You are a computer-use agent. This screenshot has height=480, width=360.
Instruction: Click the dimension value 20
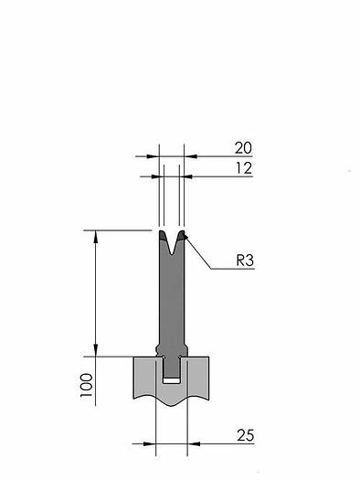[x=243, y=148]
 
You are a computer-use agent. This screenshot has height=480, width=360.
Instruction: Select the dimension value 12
[x=244, y=168]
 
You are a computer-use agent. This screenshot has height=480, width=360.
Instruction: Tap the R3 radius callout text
[x=245, y=261]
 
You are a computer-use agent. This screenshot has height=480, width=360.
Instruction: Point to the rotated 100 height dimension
[x=87, y=386]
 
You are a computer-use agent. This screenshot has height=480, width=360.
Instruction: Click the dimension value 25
[x=245, y=435]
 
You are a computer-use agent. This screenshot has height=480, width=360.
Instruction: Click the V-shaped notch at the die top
[x=173, y=244]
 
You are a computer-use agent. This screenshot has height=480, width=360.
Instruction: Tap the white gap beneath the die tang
[x=171, y=381]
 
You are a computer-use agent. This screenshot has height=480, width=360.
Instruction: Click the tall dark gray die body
[x=172, y=293]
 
